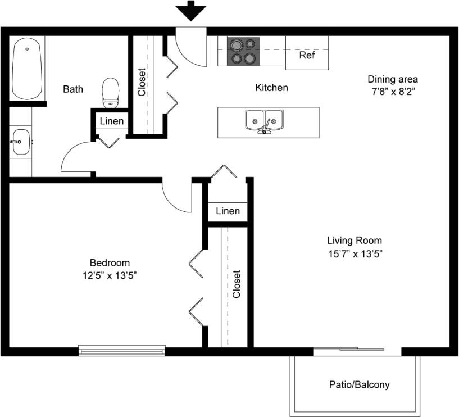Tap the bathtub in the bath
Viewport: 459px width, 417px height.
click(27, 68)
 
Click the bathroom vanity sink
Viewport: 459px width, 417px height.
click(21, 142)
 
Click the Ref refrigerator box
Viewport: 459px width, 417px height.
click(307, 55)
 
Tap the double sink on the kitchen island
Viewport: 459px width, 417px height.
click(264, 121)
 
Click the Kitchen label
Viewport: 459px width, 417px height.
click(271, 88)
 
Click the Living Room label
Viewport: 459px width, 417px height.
click(355, 241)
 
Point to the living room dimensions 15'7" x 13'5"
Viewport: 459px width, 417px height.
click(355, 253)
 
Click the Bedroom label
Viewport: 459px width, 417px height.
click(110, 262)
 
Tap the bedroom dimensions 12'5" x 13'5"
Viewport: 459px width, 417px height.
click(110, 275)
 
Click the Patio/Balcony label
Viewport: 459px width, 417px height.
click(359, 385)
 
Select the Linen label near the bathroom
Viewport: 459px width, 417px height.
click(112, 121)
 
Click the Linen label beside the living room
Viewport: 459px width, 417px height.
click(228, 211)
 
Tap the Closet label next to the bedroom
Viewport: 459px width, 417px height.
click(237, 284)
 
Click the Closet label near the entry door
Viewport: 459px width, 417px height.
click(142, 82)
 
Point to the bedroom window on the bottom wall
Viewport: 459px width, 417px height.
click(122, 351)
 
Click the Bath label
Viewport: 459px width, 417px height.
click(73, 89)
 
